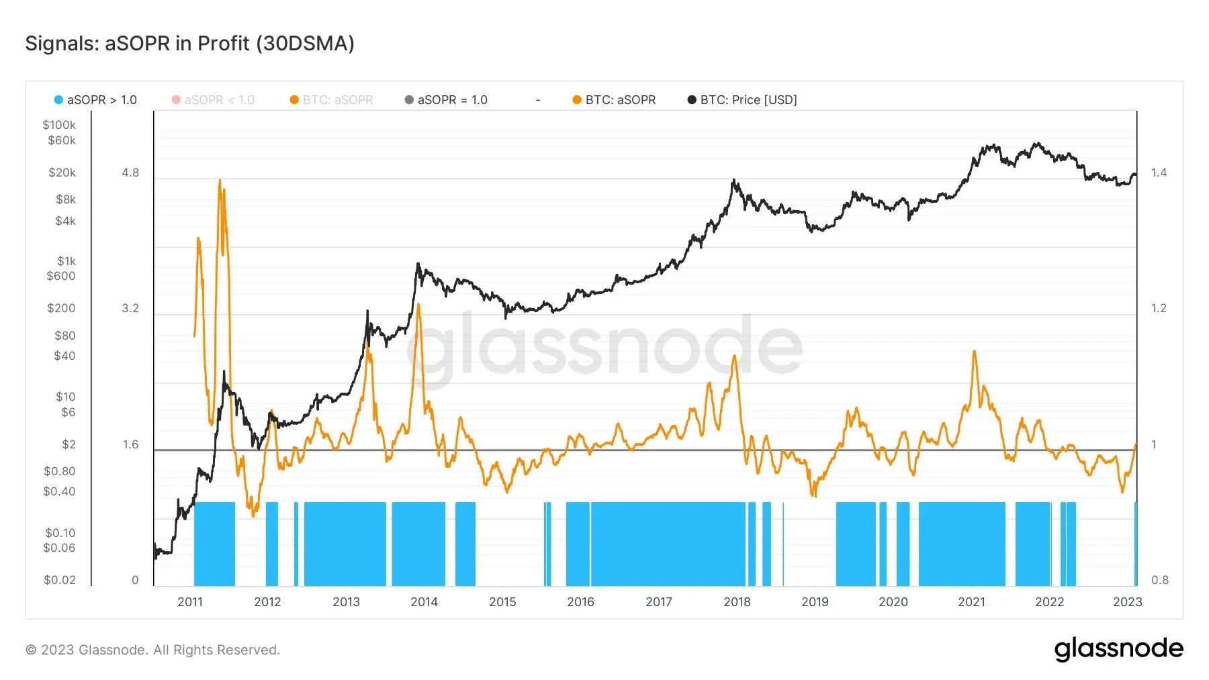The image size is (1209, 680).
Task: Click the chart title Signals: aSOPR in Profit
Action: (x=189, y=44)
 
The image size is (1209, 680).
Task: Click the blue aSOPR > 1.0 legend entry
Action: (x=95, y=100)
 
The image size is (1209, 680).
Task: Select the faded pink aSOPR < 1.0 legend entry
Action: (x=213, y=100)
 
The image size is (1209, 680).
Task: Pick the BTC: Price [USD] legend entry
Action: (x=742, y=100)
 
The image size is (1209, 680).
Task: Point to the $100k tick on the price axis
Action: (x=59, y=125)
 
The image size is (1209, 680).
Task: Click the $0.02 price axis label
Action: (x=60, y=580)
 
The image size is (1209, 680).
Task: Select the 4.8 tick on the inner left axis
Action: (x=130, y=173)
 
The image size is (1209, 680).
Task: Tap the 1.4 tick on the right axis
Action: (x=1159, y=173)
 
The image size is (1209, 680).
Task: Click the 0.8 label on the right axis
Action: (x=1159, y=580)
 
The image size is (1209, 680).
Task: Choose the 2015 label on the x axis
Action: (x=502, y=602)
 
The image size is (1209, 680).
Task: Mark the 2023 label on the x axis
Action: (x=1127, y=602)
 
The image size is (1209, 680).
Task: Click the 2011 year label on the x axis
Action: (x=190, y=602)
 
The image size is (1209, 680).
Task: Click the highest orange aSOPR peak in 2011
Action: (x=220, y=181)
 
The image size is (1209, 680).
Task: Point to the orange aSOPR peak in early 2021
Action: (x=974, y=352)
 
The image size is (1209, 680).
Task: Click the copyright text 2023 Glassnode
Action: (x=152, y=650)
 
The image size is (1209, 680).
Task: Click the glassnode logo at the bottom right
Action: (x=1118, y=648)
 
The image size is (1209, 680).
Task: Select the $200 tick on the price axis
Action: (x=61, y=308)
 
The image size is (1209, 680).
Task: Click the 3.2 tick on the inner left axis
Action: (x=130, y=308)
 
